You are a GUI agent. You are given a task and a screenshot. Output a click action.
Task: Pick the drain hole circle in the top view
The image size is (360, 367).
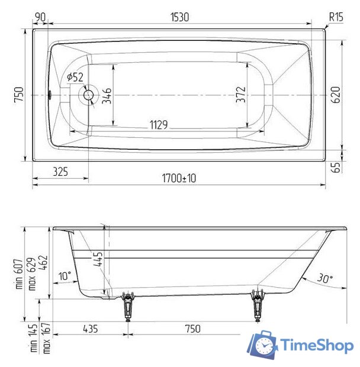pos(89,94)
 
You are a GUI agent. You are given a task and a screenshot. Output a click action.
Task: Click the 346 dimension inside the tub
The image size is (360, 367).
pos(107,95)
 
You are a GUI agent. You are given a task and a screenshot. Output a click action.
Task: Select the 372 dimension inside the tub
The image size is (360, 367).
pos(241,95)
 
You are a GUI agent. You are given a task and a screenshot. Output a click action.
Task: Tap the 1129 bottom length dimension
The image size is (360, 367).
pos(158,125)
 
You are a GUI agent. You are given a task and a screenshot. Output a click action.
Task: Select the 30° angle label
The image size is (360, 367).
pos(324,278)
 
